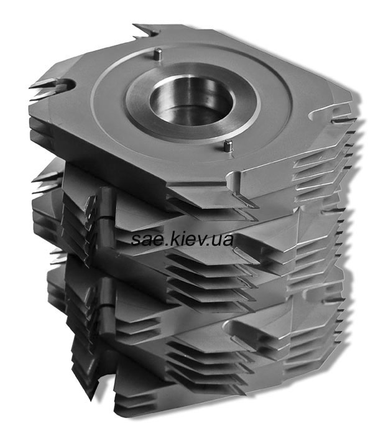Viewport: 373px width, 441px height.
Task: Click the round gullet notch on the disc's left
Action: (x=68, y=84)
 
